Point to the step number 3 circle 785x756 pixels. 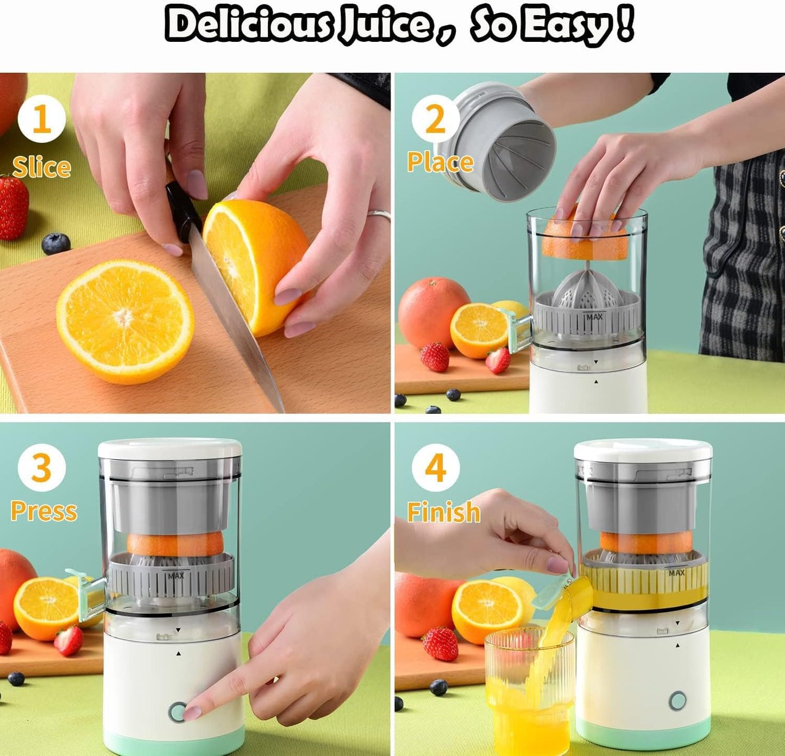pyautogui.click(x=42, y=467)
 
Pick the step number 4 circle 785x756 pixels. pyautogui.click(x=435, y=467)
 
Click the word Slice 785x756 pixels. pyautogui.click(x=42, y=167)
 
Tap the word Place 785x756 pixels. pyautogui.click(x=440, y=162)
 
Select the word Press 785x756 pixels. pyautogui.click(x=44, y=511)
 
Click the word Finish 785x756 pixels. pyautogui.click(x=444, y=512)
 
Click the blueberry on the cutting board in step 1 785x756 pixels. pyautogui.click(x=56, y=243)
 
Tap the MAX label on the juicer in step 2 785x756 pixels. pyautogui.click(x=594, y=316)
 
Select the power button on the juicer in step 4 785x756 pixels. pyautogui.click(x=677, y=701)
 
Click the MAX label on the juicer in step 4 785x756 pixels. pyautogui.click(x=676, y=573)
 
